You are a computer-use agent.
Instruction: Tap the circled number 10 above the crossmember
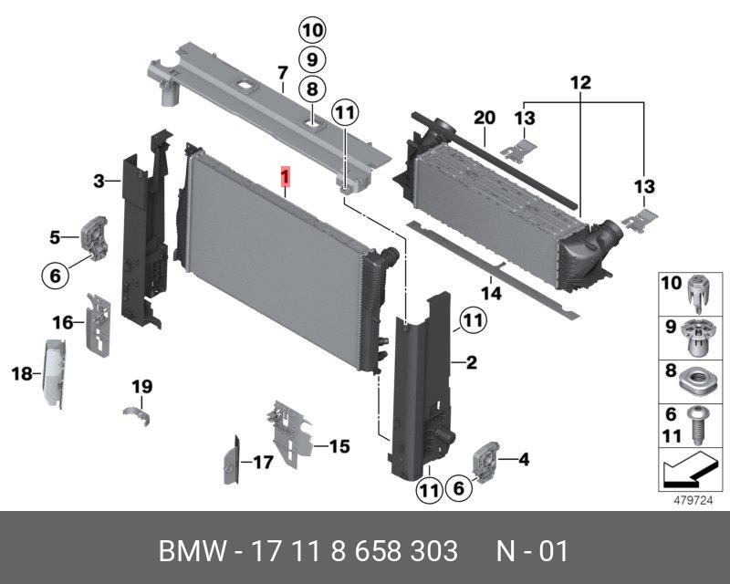coord(312,31)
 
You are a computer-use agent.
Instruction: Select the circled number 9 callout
coord(312,59)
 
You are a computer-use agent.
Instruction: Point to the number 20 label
coord(485,118)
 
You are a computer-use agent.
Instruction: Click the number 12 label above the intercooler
coord(580,83)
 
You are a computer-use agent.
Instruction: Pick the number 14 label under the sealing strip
coord(492,294)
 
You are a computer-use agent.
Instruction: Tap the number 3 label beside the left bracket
coord(99,181)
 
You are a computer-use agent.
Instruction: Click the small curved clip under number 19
coord(138,415)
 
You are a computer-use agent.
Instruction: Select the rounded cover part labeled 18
coord(55,374)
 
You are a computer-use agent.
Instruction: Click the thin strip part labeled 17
coord(232,460)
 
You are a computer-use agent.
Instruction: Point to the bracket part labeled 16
coord(99,325)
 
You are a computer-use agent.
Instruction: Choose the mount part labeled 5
coord(95,236)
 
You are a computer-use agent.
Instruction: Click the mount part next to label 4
coord(485,461)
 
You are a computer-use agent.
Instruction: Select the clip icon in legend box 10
coord(698,295)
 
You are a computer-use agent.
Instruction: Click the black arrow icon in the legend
coord(691,469)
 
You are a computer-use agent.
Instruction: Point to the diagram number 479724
coord(693,500)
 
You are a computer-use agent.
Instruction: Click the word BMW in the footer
coord(193,551)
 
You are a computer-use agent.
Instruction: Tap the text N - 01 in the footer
coord(532,551)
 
